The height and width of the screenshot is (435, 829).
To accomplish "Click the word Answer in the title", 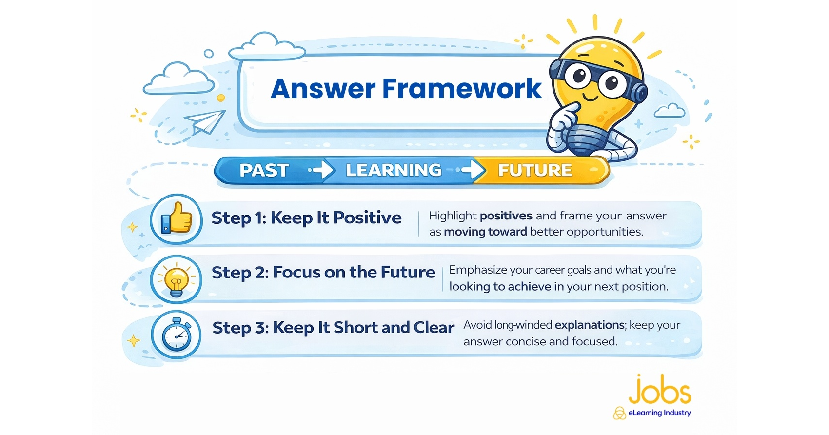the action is (x=323, y=88).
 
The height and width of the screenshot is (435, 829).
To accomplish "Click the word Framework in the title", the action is (x=462, y=88).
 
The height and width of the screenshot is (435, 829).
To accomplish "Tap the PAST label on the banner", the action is (x=264, y=170).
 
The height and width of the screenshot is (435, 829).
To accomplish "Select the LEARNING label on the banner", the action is (x=394, y=170).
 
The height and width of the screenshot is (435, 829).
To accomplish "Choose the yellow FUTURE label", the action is (x=535, y=170).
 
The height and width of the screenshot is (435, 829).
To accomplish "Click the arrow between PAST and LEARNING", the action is (x=321, y=170).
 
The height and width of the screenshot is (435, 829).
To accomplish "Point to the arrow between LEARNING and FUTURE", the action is (x=470, y=170).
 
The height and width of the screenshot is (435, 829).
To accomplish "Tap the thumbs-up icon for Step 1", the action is (x=177, y=218).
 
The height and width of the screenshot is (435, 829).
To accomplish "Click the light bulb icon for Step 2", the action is (x=176, y=280).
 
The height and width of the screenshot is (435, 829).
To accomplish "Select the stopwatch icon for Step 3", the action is (x=177, y=334).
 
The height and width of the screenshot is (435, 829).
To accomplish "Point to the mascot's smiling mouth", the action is (x=590, y=97).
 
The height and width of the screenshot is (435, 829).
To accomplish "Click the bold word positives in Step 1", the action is (x=506, y=216).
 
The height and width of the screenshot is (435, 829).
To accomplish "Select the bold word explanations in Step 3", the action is (x=590, y=325).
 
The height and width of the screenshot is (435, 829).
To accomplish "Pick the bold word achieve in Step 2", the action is (x=529, y=287).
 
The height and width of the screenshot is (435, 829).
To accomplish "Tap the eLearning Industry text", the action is (x=659, y=413).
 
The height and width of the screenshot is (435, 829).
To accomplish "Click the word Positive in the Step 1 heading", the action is (x=367, y=217).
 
